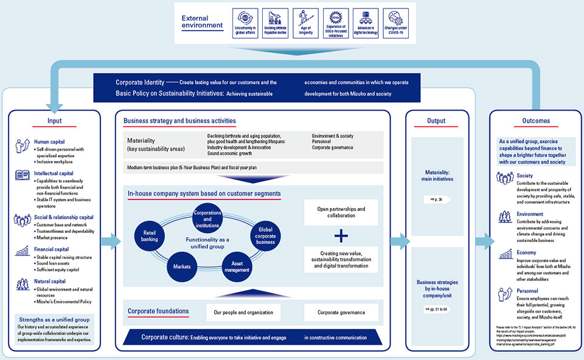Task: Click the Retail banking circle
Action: (150, 236)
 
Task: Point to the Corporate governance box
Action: (341, 313)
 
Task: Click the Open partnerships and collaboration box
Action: (341, 212)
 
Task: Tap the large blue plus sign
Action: (341, 235)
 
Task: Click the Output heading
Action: (436, 120)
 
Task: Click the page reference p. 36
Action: (436, 199)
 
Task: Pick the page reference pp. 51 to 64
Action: (436, 309)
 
